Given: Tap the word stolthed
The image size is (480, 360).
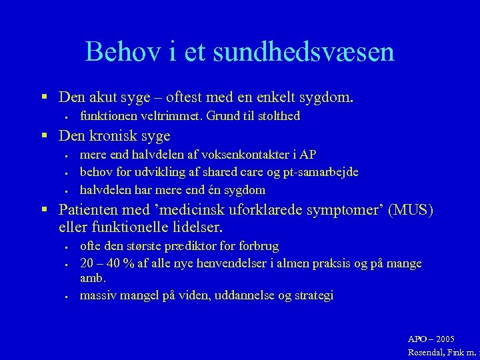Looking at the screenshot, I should (275, 116).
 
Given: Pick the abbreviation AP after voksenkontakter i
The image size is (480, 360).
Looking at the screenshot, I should (308, 155).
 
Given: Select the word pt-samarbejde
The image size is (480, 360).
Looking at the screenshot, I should (321, 172).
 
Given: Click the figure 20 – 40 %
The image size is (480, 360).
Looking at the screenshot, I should (107, 263).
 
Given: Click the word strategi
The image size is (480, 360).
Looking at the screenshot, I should (310, 295).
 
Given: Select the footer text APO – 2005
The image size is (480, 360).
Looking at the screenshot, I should (431, 339).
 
